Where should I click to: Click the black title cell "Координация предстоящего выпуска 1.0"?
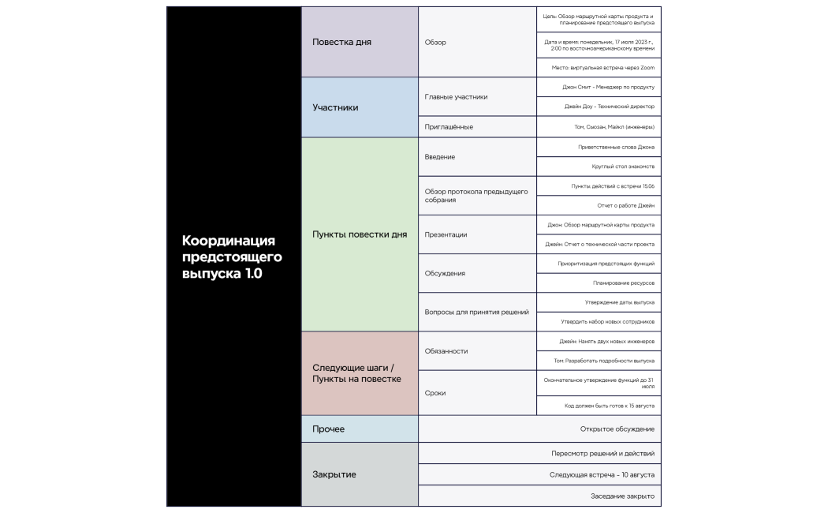click(x=233, y=256)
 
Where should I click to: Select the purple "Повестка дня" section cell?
click(x=360, y=42)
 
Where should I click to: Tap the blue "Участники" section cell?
click(x=360, y=107)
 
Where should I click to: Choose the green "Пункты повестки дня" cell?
click(x=360, y=234)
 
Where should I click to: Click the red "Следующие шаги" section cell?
click(x=360, y=373)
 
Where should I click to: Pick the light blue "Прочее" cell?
click(x=360, y=429)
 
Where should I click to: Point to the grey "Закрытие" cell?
click(x=360, y=474)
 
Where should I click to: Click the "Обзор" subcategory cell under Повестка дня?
click(x=477, y=42)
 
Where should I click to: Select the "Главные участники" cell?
click(x=477, y=96)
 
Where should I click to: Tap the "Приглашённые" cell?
click(x=477, y=126)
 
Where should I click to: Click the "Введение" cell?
click(x=477, y=156)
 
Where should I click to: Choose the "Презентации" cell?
click(x=477, y=234)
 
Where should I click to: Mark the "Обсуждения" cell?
click(x=477, y=273)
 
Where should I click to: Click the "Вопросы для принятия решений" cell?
click(x=477, y=312)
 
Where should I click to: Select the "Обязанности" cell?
click(x=477, y=350)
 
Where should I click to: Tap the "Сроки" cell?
click(x=477, y=393)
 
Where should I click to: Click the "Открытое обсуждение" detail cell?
click(x=539, y=429)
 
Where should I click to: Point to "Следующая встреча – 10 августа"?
click(x=539, y=474)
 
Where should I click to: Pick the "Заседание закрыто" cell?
click(x=539, y=496)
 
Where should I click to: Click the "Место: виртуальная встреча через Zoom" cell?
click(x=599, y=67)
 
